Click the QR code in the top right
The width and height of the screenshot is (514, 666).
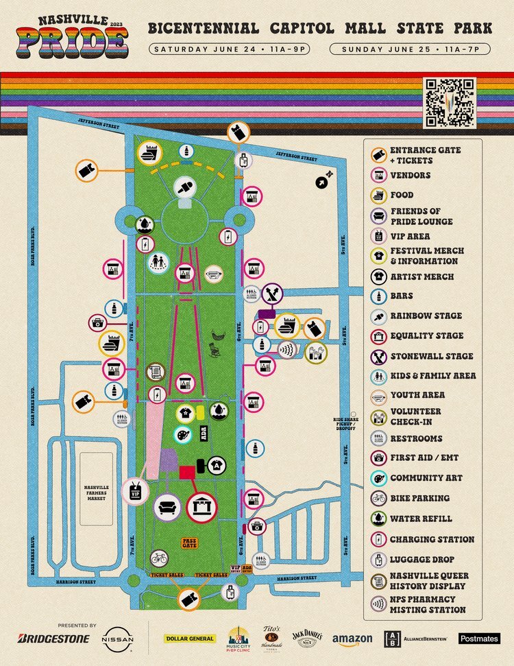450,102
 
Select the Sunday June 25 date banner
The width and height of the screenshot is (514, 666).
410,49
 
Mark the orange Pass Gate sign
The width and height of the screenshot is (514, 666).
189,543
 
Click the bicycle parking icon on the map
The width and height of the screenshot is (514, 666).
159,559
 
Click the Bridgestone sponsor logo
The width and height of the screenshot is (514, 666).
53,639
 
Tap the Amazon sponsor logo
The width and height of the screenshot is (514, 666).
352,639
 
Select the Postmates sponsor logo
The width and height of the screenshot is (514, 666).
479,639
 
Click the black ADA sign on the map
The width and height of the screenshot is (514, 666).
203,433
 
